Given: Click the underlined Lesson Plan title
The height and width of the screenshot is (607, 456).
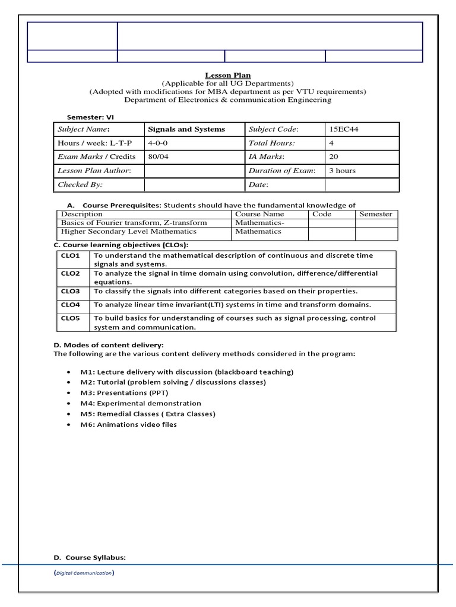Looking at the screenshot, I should pos(228,75).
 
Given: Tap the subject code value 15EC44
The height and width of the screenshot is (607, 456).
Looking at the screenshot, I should pos(340,129).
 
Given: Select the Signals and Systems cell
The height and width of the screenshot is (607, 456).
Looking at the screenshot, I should pos(186,129).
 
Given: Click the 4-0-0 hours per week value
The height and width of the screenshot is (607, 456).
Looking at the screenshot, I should pos(159,143).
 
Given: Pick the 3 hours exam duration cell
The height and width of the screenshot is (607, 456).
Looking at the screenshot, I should pos(343,170).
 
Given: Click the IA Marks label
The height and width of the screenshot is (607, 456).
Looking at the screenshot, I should pos(267,156).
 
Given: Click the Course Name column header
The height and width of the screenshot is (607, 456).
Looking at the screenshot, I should pos(259,214).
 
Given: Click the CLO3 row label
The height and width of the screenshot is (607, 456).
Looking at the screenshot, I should pos(70,292).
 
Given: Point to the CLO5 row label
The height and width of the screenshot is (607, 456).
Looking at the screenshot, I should pos(70,318).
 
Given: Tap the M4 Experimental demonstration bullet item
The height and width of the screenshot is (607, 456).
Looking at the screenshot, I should pos(141,403).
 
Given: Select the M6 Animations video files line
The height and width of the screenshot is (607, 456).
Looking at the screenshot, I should pos(129,424).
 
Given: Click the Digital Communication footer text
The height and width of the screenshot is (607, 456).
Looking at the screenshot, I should pos(84,573).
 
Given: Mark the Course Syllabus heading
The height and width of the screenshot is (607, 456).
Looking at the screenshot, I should pos(90,558).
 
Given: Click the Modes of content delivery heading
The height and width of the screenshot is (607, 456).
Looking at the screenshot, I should pos(109,345).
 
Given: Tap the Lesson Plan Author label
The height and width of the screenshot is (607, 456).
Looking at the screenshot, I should pos(93,170).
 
